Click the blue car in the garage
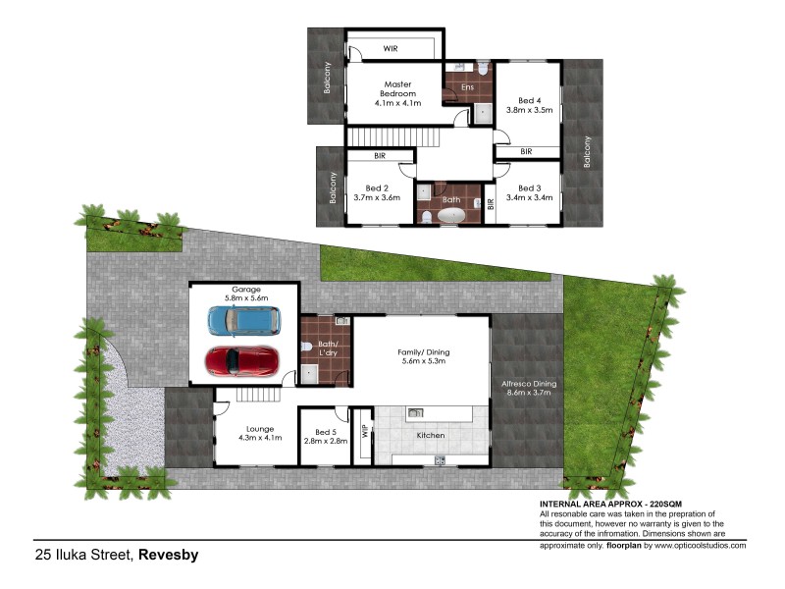[x=243, y=320]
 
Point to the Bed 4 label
[x=529, y=99]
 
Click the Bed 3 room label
[x=529, y=188]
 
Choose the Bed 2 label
[x=378, y=188]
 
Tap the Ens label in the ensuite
[x=467, y=87]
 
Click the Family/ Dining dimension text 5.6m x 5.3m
[x=419, y=361]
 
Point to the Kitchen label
[x=431, y=435]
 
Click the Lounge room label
[x=260, y=427]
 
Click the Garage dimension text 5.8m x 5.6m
[x=242, y=300]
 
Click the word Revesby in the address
[x=168, y=556]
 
